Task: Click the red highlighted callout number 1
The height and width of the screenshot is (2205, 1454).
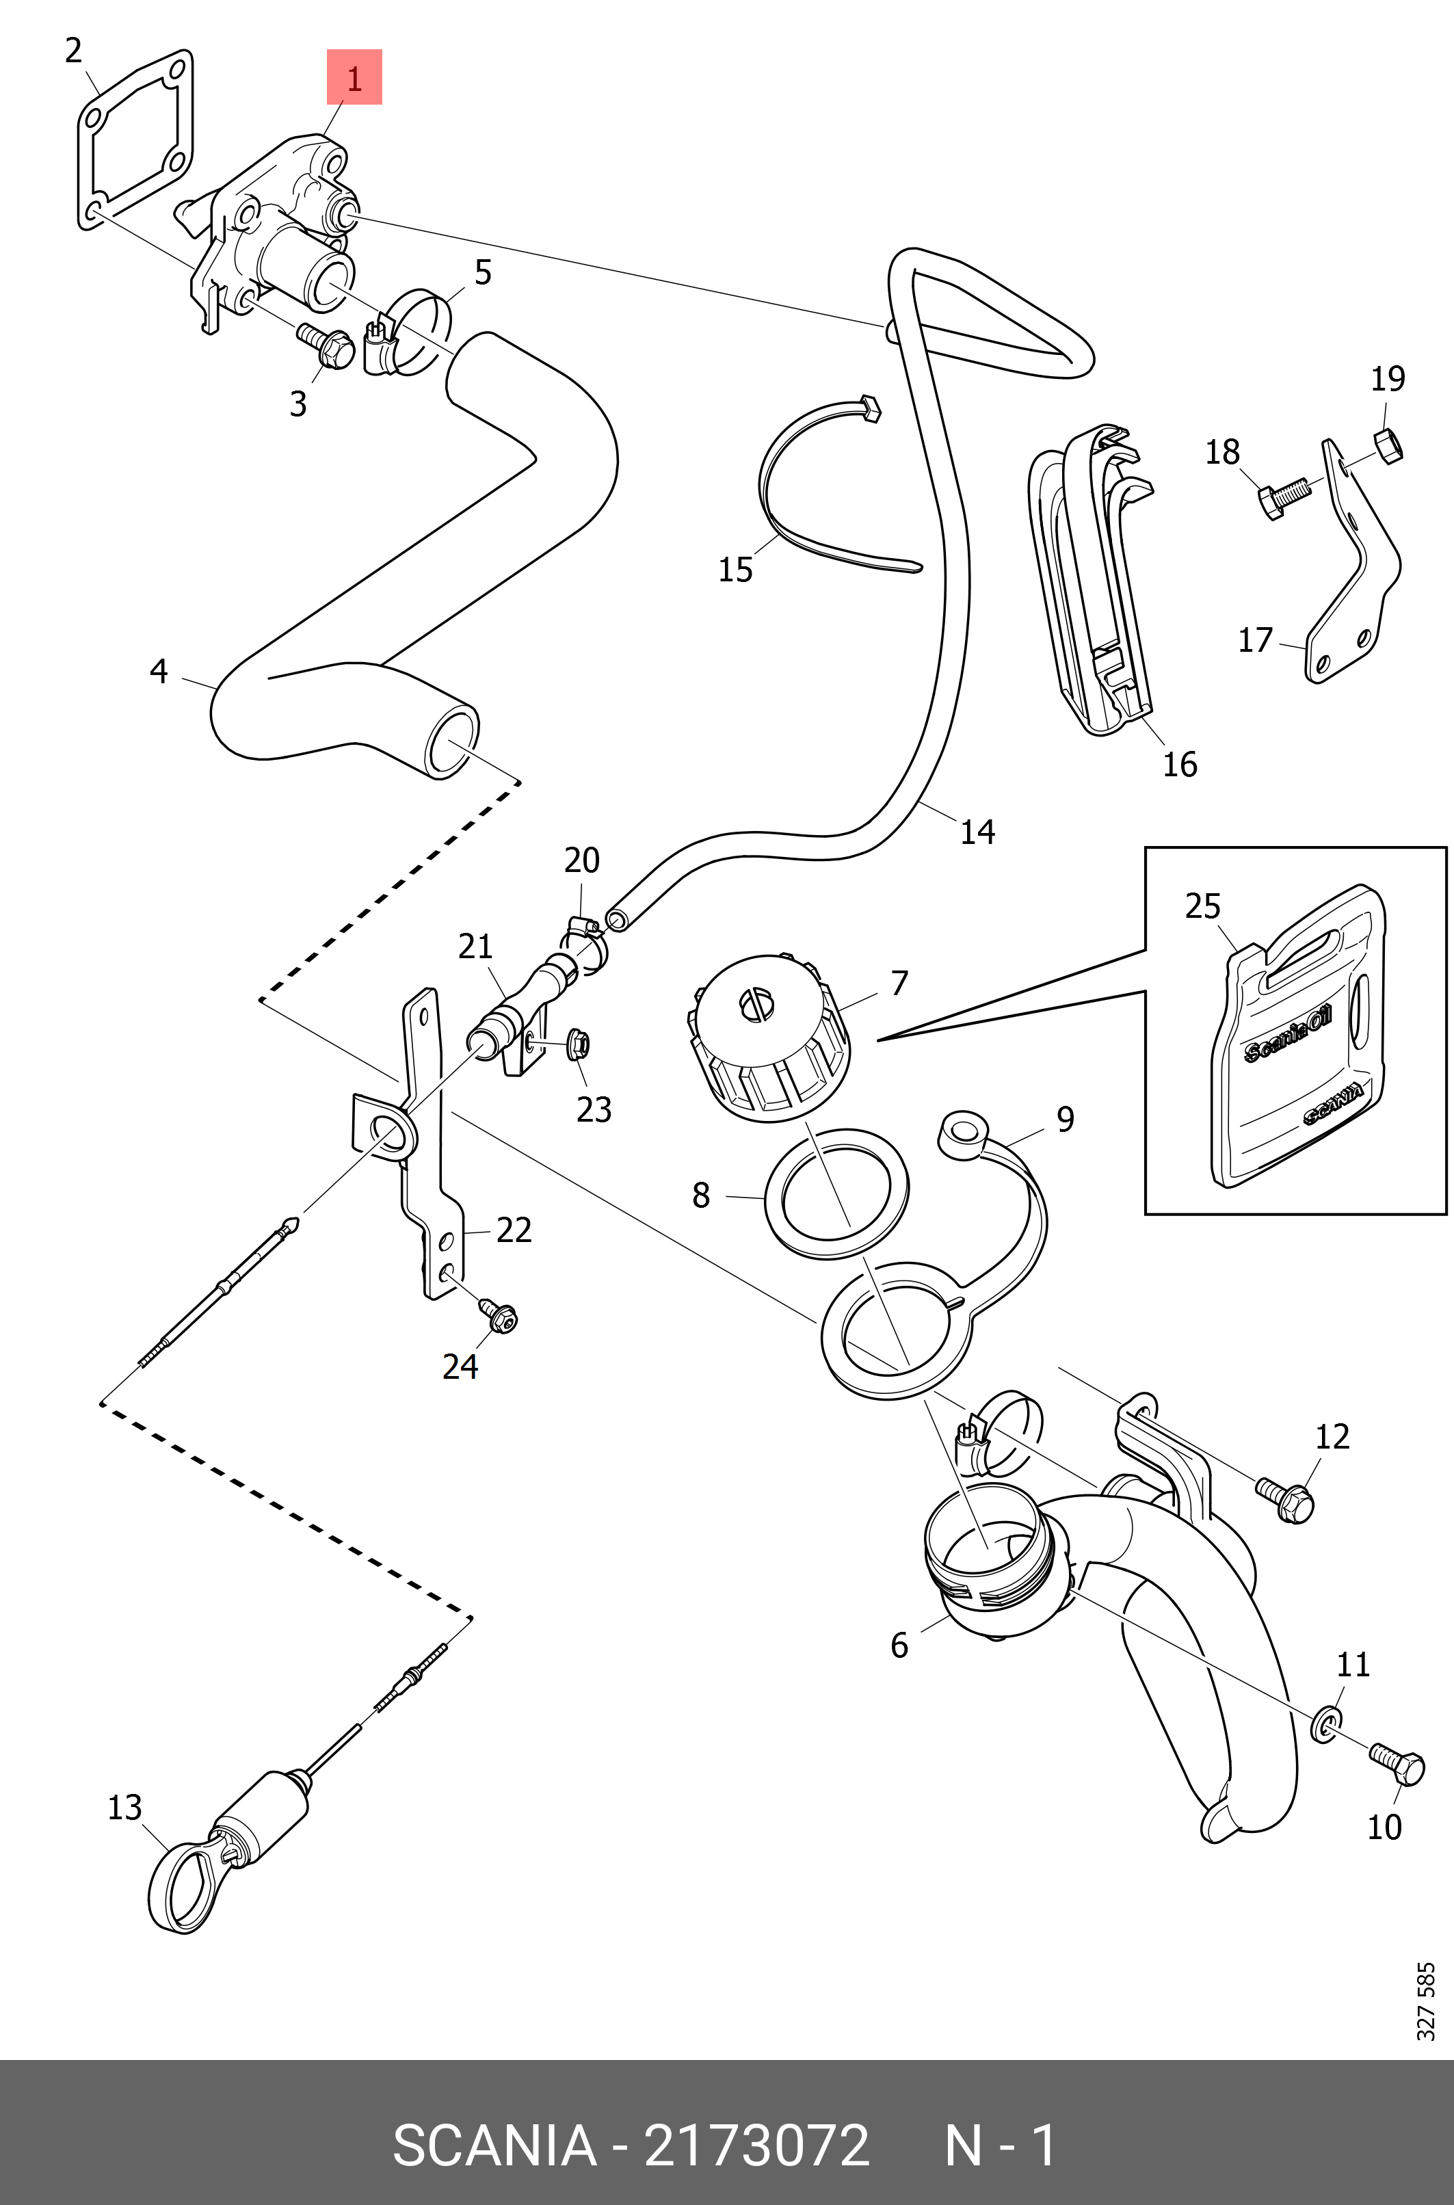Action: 354,78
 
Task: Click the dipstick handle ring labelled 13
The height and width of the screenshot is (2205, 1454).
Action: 183,1888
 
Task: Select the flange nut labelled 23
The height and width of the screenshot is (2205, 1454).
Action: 575,1045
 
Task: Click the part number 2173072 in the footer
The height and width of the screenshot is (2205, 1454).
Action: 756,2145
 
